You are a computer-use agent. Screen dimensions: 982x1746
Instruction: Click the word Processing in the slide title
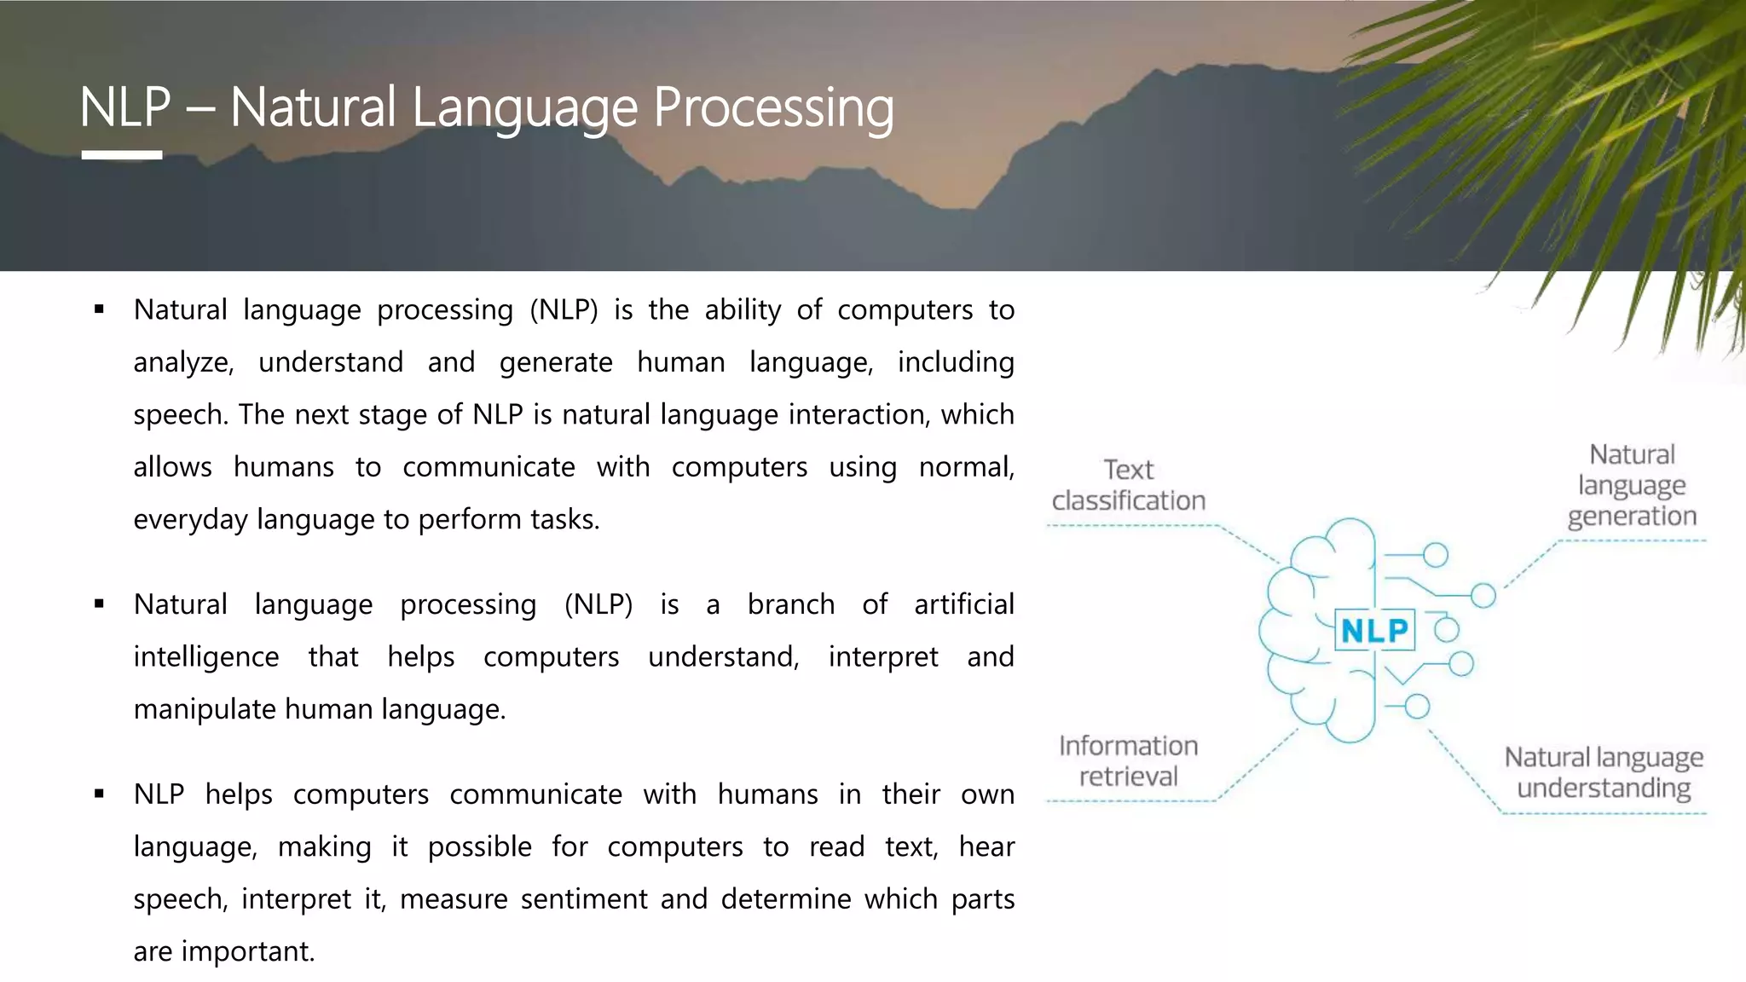(x=773, y=108)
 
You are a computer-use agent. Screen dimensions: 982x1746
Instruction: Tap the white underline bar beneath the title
(x=122, y=155)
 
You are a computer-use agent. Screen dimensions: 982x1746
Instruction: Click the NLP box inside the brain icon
(x=1374, y=631)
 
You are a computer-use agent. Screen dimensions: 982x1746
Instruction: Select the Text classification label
(x=1128, y=485)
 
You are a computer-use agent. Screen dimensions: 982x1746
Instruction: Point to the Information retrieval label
(x=1128, y=761)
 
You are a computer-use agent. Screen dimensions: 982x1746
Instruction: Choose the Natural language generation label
(x=1632, y=485)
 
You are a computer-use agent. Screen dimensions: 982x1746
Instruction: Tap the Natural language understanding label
(x=1604, y=772)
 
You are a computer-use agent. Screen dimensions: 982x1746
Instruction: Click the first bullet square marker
(x=100, y=310)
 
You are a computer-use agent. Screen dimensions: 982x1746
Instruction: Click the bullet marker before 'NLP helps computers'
(x=100, y=794)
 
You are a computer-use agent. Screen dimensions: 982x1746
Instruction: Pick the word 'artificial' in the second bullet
(x=963, y=604)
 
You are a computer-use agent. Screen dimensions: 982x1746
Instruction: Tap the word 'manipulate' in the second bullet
(x=205, y=709)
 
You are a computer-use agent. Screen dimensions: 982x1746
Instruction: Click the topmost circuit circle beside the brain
(x=1436, y=556)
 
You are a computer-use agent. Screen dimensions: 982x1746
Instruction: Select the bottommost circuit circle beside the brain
(x=1417, y=707)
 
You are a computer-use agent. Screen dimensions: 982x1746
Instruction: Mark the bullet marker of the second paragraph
(x=100, y=604)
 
